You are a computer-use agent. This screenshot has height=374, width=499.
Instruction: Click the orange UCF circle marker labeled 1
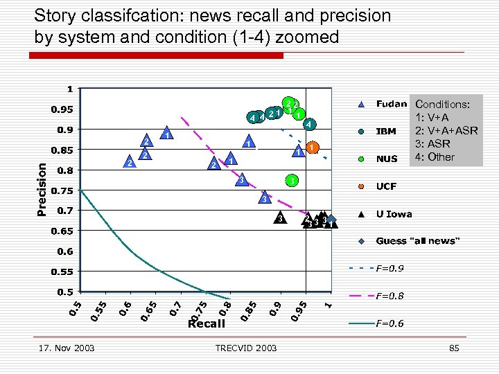tap(313, 148)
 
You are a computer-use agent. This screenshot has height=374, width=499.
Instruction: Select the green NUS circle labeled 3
tap(293, 181)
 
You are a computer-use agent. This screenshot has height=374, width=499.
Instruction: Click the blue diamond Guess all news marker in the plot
tap(331, 220)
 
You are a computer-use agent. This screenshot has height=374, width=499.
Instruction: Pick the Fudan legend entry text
tap(391, 104)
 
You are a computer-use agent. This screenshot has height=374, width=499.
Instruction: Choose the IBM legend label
tap(385, 131)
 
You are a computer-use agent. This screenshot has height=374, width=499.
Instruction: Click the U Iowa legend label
tap(393, 214)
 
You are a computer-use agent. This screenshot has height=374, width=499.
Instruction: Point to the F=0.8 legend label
tap(390, 296)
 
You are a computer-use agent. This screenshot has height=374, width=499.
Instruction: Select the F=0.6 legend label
tap(390, 323)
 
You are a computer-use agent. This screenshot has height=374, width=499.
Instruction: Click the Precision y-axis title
tap(42, 188)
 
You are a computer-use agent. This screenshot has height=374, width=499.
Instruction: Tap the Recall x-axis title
tap(207, 323)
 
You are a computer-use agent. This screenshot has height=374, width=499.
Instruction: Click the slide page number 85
tap(454, 348)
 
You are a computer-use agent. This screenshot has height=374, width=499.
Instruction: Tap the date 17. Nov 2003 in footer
tap(67, 348)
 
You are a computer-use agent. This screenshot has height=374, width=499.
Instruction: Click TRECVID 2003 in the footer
tap(246, 348)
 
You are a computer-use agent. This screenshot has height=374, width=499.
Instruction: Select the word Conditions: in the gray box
tap(442, 105)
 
